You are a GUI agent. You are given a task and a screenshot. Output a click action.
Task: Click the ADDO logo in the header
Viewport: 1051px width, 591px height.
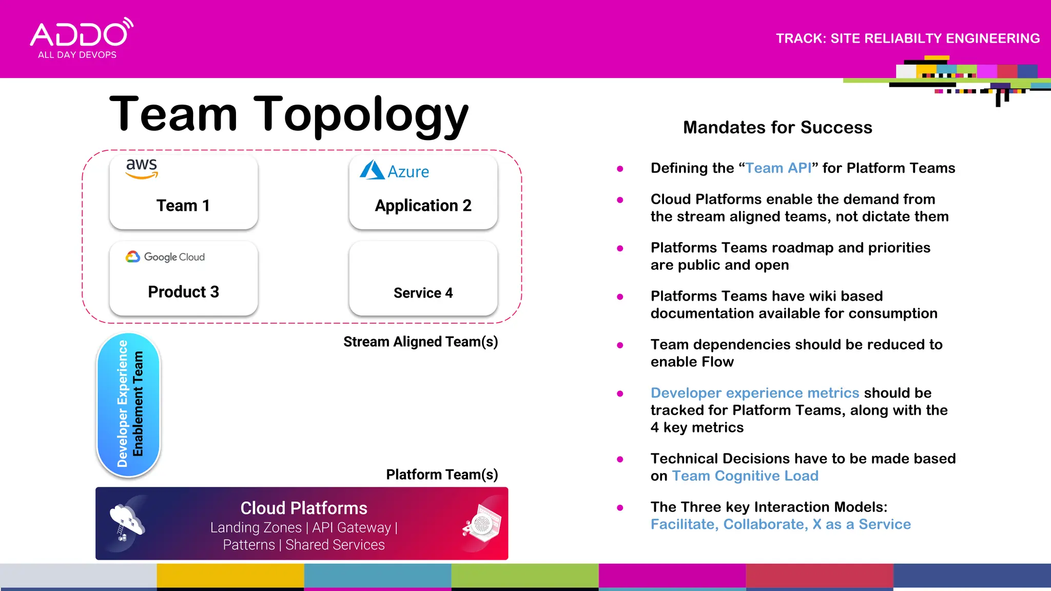(81, 38)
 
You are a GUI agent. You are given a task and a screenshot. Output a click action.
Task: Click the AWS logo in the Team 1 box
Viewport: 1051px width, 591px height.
(142, 168)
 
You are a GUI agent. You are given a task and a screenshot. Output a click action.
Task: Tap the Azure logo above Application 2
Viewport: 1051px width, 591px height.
(394, 170)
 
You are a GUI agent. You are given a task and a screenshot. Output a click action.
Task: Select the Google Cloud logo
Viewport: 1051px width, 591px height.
(165, 257)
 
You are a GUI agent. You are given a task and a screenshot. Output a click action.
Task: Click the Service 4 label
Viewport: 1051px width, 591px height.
(423, 293)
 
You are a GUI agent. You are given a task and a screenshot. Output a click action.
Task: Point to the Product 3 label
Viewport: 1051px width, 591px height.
(183, 291)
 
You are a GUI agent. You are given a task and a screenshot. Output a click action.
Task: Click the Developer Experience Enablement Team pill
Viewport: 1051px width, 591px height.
(129, 405)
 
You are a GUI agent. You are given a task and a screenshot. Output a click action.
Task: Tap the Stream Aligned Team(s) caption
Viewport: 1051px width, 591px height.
(420, 342)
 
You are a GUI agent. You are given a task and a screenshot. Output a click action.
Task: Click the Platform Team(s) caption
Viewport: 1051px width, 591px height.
(442, 475)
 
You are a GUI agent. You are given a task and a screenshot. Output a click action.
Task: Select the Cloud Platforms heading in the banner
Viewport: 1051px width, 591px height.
(304, 508)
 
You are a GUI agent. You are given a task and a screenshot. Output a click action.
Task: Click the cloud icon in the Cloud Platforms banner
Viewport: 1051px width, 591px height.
(127, 522)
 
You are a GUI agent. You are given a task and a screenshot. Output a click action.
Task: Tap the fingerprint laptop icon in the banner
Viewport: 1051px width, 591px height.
(482, 523)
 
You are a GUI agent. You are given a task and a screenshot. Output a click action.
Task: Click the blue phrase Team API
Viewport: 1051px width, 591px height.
(778, 168)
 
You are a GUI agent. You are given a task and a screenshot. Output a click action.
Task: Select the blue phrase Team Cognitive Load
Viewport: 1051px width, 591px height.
(745, 476)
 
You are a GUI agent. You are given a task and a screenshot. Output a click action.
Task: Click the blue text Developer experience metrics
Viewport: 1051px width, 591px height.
(754, 393)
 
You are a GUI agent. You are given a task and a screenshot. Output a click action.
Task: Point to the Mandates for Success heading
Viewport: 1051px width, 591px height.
(777, 127)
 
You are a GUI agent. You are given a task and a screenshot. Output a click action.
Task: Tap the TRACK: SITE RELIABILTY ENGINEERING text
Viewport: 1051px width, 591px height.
(907, 38)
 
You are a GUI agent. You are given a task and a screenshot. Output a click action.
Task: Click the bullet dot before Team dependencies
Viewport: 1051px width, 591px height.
(620, 345)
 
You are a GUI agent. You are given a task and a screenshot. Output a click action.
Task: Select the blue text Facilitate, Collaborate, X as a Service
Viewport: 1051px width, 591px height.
(781, 524)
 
